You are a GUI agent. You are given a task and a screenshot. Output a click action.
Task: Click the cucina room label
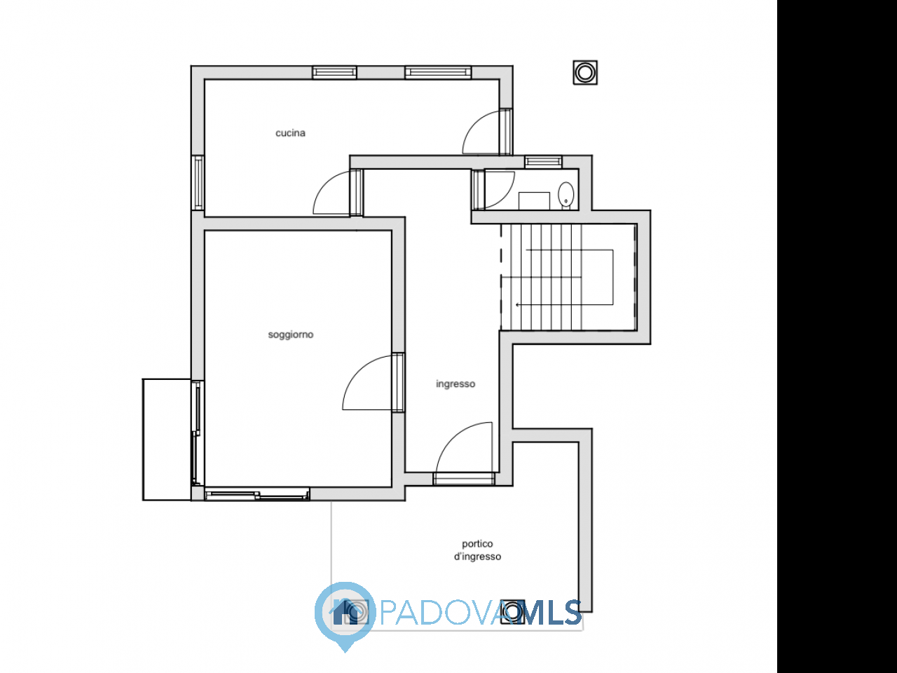(x=290, y=132)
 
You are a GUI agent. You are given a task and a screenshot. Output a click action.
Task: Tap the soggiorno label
(x=291, y=334)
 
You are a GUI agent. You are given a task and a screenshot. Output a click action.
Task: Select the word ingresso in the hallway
(x=456, y=384)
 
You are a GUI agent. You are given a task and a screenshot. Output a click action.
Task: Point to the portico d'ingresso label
(x=477, y=550)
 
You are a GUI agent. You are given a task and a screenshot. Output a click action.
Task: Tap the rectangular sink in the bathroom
(x=534, y=200)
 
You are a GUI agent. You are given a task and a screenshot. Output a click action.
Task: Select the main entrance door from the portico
(x=464, y=454)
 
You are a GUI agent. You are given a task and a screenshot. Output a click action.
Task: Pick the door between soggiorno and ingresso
(x=373, y=382)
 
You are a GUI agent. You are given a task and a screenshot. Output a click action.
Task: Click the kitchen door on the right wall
(x=487, y=132)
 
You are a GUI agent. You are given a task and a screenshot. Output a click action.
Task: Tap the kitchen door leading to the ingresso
(x=338, y=193)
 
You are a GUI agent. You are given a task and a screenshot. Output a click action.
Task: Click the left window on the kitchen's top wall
(x=334, y=73)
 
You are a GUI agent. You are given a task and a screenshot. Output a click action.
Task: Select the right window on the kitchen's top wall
(x=438, y=73)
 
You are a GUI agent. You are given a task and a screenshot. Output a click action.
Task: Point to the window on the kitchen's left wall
(x=198, y=183)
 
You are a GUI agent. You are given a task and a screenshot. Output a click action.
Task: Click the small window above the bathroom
(x=544, y=162)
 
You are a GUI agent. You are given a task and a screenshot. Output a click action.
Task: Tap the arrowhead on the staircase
(x=518, y=304)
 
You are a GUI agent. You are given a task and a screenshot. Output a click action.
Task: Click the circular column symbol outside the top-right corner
(x=585, y=73)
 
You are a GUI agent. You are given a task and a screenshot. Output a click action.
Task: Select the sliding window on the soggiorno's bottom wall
(x=257, y=494)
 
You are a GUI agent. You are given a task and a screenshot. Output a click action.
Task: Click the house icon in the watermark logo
(x=345, y=612)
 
